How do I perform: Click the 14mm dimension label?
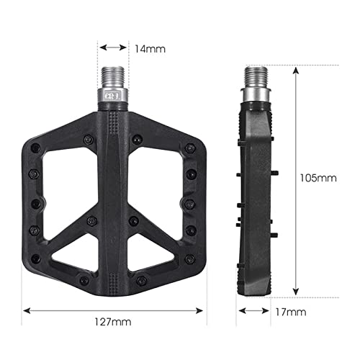[150, 49]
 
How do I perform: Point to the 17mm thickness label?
[292, 312]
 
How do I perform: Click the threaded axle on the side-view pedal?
[256, 75]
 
